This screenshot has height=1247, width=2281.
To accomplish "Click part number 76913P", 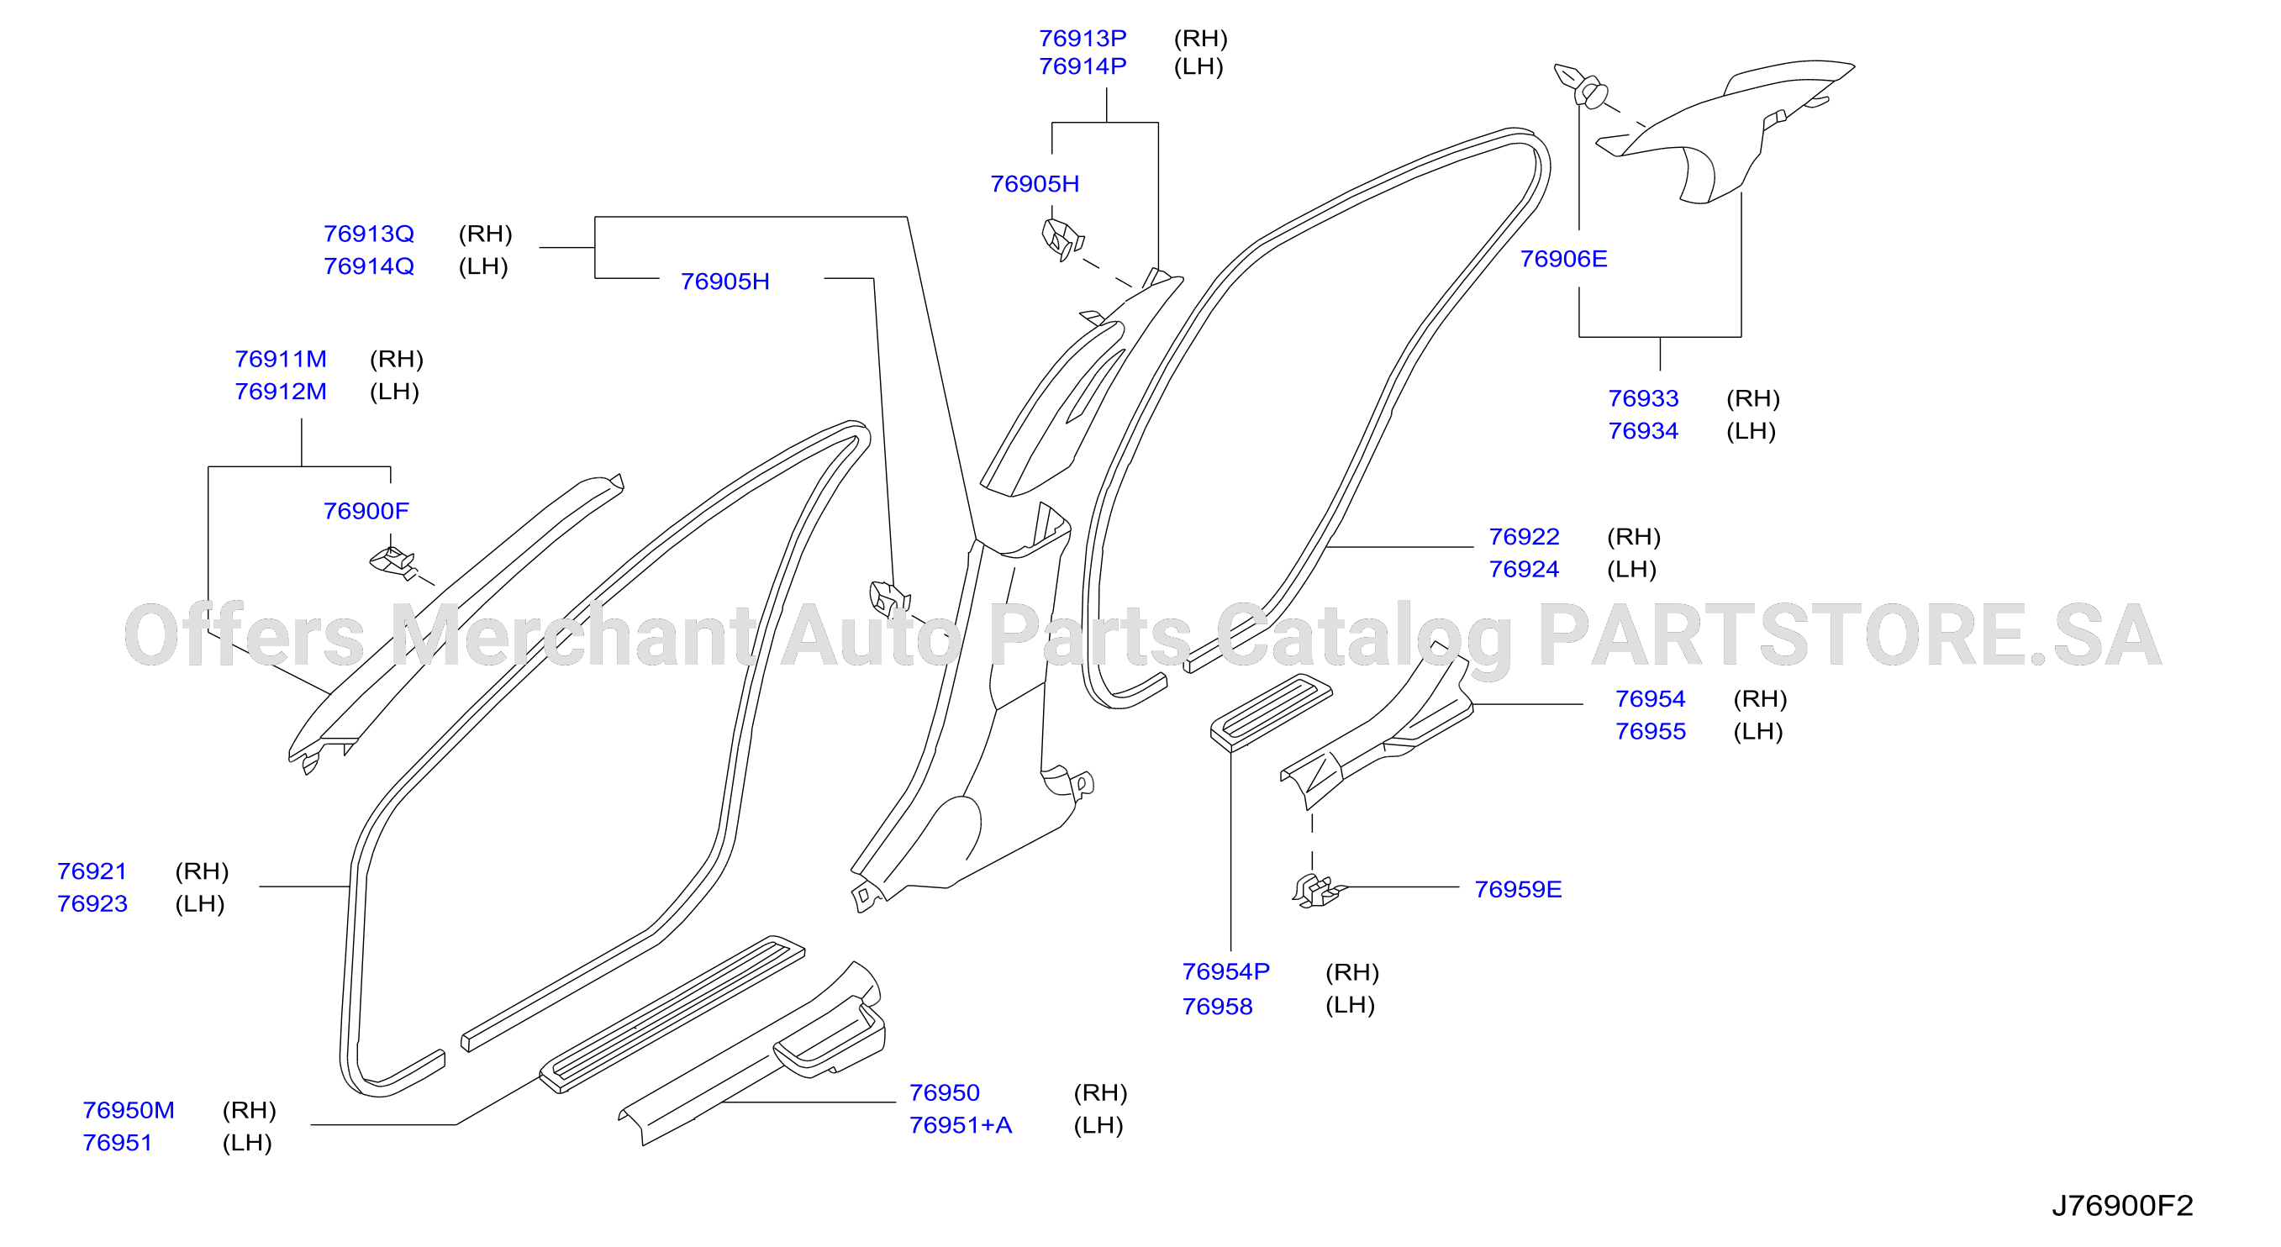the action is pyautogui.click(x=1082, y=38).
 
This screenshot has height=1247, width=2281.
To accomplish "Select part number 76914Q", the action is pyautogui.click(x=368, y=266).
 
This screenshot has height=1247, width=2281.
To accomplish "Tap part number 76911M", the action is pyautogui.click(x=280, y=359).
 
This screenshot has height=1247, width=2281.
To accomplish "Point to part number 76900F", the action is pyautogui.click(x=366, y=511).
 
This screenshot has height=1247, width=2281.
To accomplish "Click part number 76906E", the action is pyautogui.click(x=1563, y=259).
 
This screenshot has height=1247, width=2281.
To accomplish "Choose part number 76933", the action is pyautogui.click(x=1642, y=398).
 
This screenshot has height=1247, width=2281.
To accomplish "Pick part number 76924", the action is pyautogui.click(x=1523, y=569).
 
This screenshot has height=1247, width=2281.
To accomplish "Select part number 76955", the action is pyautogui.click(x=1650, y=731).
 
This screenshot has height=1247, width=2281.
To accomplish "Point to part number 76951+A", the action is pyautogui.click(x=960, y=1125).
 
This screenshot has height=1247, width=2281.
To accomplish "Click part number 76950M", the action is pyautogui.click(x=129, y=1110).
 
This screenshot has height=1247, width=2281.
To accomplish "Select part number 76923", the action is pyautogui.click(x=92, y=903).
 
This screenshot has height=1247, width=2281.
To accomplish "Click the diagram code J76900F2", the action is pyautogui.click(x=2121, y=1205).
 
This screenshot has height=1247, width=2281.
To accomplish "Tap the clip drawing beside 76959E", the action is pyautogui.click(x=1319, y=891).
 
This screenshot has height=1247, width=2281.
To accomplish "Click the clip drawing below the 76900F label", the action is pyautogui.click(x=393, y=563).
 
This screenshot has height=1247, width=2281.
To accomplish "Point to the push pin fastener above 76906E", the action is pyautogui.click(x=1582, y=85).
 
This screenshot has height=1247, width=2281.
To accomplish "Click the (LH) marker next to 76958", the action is pyautogui.click(x=1350, y=1004).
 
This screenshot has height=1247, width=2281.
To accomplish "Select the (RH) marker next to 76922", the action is pyautogui.click(x=1633, y=536).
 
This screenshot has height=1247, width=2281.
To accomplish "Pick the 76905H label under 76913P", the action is pyautogui.click(x=1035, y=184).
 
